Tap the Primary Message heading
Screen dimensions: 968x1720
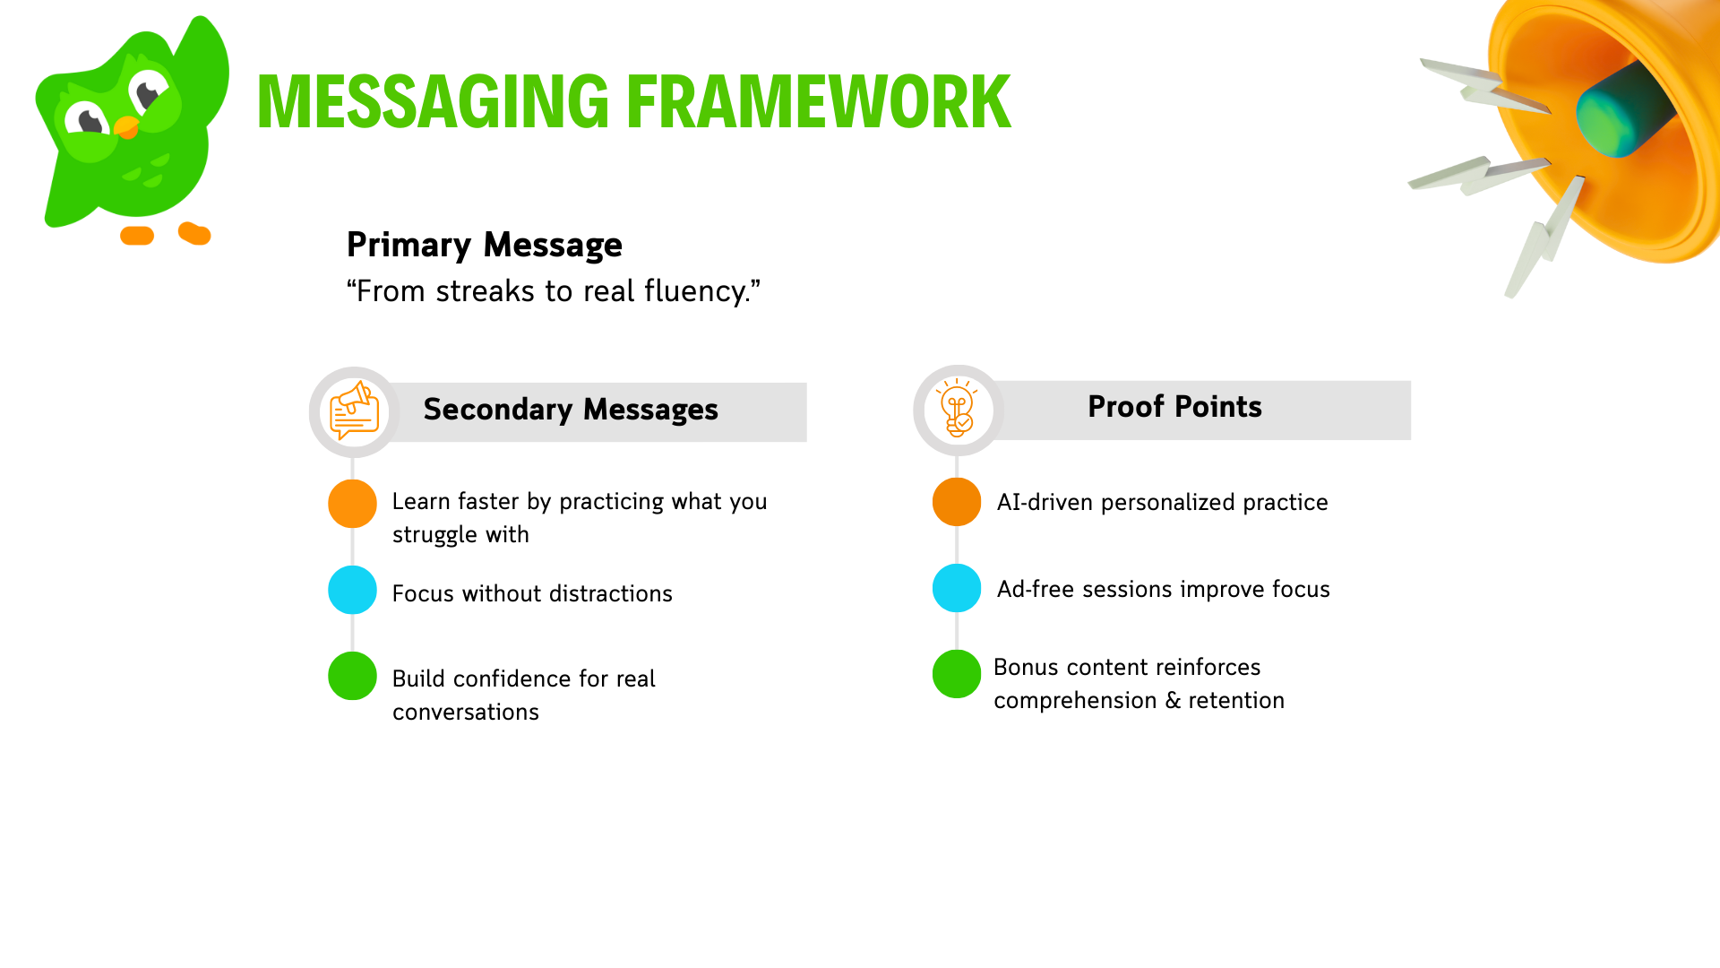pos(484,245)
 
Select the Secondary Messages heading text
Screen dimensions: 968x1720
pos(571,410)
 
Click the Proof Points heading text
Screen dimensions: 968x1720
pos(1174,407)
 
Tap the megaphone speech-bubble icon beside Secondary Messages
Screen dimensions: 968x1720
pos(355,411)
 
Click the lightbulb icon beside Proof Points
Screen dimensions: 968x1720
pos(958,409)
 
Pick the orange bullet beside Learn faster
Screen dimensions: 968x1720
pos(352,503)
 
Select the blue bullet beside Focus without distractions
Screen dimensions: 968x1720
pos(352,590)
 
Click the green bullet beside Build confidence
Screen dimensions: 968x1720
pos(352,676)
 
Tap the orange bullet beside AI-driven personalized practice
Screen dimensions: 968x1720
pos(957,501)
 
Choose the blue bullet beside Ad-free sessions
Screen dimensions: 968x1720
pos(957,588)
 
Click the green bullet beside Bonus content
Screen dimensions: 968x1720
pos(957,674)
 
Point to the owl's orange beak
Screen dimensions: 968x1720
pos(127,127)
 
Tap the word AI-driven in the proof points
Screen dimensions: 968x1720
pos(1045,503)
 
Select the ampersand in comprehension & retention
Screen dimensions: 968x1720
pos(1173,701)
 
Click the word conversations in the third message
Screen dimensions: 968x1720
pos(466,713)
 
